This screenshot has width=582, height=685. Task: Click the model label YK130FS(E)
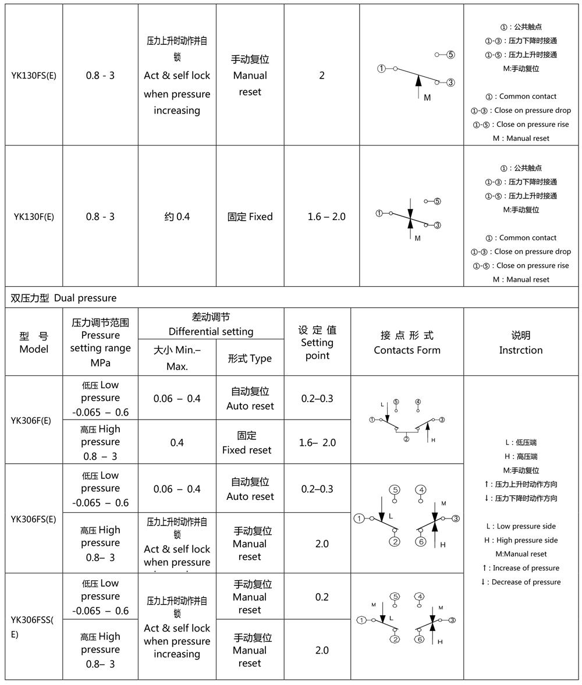click(x=34, y=76)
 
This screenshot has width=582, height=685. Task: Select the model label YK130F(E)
click(x=34, y=217)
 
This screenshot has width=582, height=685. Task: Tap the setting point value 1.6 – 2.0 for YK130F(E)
click(x=327, y=216)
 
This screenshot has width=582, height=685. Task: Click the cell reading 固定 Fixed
click(x=250, y=216)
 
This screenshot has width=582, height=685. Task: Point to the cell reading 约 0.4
click(x=177, y=216)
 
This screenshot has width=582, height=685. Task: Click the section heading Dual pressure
click(x=85, y=298)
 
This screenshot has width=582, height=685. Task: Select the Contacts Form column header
click(x=407, y=350)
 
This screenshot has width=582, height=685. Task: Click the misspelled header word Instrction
click(x=521, y=350)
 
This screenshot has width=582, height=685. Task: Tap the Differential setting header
click(x=211, y=332)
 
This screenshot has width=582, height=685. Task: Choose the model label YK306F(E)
click(x=34, y=420)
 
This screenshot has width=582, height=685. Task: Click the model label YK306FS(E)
click(x=34, y=519)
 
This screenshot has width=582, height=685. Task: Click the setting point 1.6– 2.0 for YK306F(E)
click(x=317, y=443)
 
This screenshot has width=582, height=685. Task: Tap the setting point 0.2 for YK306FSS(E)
click(x=322, y=597)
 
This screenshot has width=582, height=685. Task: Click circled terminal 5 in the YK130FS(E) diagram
click(x=451, y=55)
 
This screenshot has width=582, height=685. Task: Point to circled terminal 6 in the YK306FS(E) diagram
click(x=421, y=542)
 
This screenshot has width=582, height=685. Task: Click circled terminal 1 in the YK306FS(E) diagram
click(x=360, y=518)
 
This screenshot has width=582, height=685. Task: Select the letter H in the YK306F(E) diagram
click(x=434, y=440)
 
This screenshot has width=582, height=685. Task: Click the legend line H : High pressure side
click(x=521, y=540)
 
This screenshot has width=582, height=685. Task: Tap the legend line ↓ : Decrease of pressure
click(x=521, y=582)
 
